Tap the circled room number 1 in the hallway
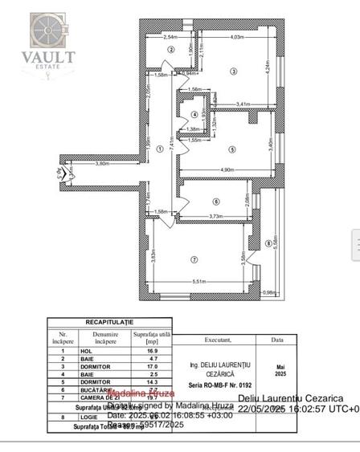tap(160, 149)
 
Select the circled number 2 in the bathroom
tap(170, 50)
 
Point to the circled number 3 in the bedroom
tap(233, 72)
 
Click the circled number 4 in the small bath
tap(184, 114)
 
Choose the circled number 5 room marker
tap(231, 149)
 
